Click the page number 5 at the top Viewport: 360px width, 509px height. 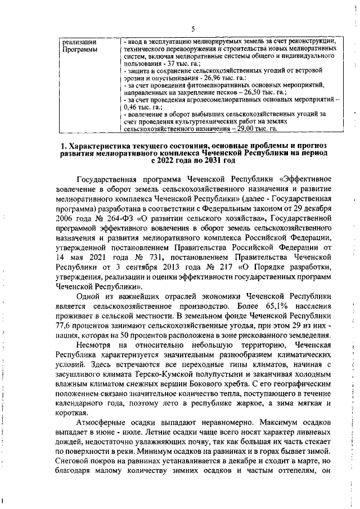(x=192, y=29)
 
